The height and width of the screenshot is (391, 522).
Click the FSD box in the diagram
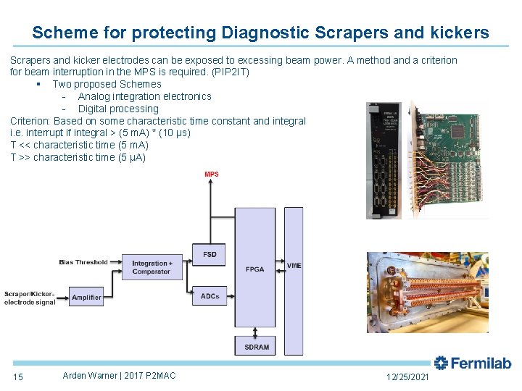tap(210, 255)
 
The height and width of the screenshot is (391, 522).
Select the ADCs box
tap(210, 296)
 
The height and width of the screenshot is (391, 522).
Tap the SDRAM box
tap(256, 347)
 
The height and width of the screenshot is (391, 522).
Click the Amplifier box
tap(86, 297)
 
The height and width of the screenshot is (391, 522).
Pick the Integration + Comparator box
tap(152, 267)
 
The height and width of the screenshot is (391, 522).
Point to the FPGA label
tap(255, 269)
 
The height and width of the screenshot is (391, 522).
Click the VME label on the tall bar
tap(294, 266)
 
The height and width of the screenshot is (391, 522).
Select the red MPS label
tap(211, 175)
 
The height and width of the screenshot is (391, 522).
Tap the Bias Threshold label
tap(83, 262)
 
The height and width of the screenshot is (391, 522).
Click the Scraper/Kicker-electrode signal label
tap(30, 298)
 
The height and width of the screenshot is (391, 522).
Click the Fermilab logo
tap(473, 363)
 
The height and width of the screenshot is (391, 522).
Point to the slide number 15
tap(18, 377)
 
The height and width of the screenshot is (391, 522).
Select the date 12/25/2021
tap(407, 377)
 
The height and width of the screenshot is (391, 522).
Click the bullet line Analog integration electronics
tap(144, 96)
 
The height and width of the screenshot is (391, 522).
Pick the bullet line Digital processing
tap(117, 109)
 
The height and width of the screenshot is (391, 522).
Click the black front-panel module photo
tap(383, 159)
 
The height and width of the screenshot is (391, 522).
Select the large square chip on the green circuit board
tap(458, 132)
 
